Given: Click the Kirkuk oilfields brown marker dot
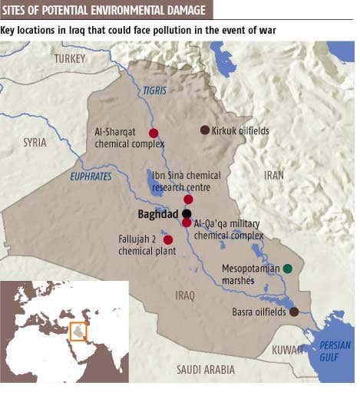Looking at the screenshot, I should click(x=205, y=130).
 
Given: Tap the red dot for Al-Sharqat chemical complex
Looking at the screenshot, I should click(x=154, y=133).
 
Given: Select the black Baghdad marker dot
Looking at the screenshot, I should click(x=187, y=213).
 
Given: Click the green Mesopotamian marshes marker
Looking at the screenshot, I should click(x=287, y=269).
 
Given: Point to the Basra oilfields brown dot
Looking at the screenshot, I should click(x=294, y=312).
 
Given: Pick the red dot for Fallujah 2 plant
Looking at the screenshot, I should click(x=168, y=240).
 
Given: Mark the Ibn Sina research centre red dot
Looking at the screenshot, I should click(x=188, y=199).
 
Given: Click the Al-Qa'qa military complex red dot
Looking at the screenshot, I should click(x=187, y=223).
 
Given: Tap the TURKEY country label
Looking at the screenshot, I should click(x=70, y=58).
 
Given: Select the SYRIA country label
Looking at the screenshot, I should click(x=35, y=143).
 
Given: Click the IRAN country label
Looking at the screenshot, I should click(x=274, y=175).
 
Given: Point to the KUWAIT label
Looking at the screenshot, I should click(x=288, y=350).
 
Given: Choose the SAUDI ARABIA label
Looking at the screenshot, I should click(x=206, y=369).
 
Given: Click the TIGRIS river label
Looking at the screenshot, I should click(x=154, y=91).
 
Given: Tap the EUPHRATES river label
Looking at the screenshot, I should click(x=91, y=177).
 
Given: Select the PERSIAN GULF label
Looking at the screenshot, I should click(x=335, y=351).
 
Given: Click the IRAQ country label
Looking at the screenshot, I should click(x=185, y=295).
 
